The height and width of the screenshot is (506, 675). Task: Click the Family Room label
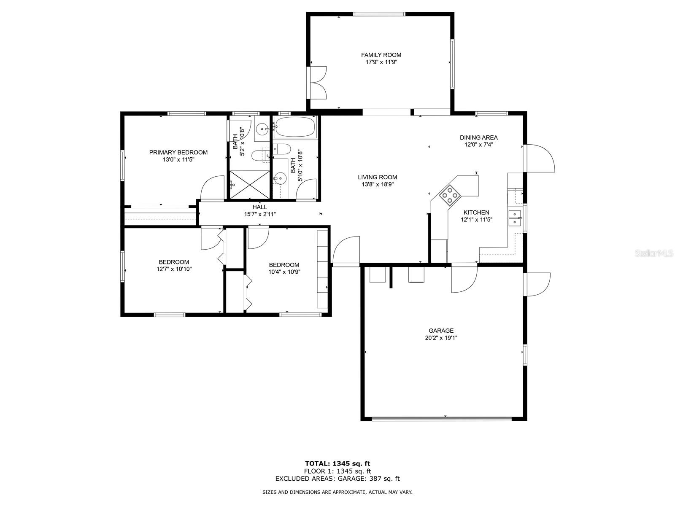pyautogui.click(x=381, y=55)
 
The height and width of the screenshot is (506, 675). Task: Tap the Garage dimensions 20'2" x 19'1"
pyautogui.click(x=441, y=338)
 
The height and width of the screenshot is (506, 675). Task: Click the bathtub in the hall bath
pyautogui.click(x=295, y=127)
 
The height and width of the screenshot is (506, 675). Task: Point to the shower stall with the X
pyautogui.click(x=249, y=185)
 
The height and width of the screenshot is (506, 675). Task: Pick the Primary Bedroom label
pyautogui.click(x=178, y=152)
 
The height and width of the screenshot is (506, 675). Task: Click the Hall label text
pyautogui.click(x=259, y=207)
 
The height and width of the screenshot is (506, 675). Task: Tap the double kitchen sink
pyautogui.click(x=514, y=218)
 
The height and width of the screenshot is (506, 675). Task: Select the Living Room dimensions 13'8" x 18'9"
pyautogui.click(x=377, y=184)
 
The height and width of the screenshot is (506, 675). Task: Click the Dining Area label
pyautogui.click(x=478, y=137)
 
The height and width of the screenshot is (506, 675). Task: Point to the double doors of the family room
pyautogui.click(x=317, y=83)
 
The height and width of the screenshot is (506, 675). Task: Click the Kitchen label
pyautogui.click(x=476, y=212)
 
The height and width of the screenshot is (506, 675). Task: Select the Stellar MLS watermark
pyautogui.click(x=654, y=253)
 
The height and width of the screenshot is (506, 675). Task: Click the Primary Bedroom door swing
pyautogui.click(x=213, y=188)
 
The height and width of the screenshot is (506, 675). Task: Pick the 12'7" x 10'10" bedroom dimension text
pyautogui.click(x=174, y=269)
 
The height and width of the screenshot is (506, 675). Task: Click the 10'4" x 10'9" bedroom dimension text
pyautogui.click(x=284, y=272)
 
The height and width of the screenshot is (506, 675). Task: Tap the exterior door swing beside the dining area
pyautogui.click(x=540, y=158)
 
